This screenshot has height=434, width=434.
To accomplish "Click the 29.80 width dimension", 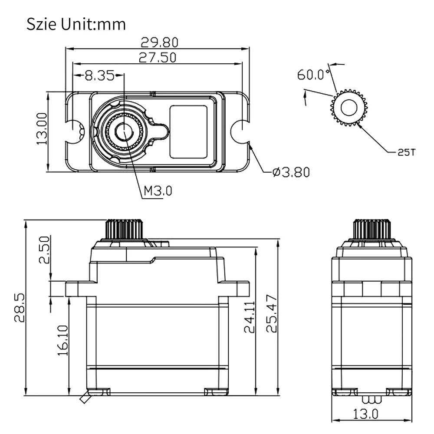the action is [x=159, y=43].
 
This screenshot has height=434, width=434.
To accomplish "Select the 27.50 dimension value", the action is [x=157, y=58].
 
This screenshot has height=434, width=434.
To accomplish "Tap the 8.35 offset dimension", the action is [x=99, y=75].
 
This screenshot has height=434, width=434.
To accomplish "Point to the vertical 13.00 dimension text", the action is [x=42, y=128].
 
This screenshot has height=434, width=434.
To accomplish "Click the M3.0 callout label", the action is [x=158, y=191].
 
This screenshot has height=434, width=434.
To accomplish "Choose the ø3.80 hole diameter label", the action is [x=291, y=172].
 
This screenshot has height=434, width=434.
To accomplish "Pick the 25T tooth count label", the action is [x=407, y=152].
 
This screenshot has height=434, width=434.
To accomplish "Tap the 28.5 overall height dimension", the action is [x=20, y=308].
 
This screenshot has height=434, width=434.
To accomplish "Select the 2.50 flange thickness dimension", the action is [x=44, y=250].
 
